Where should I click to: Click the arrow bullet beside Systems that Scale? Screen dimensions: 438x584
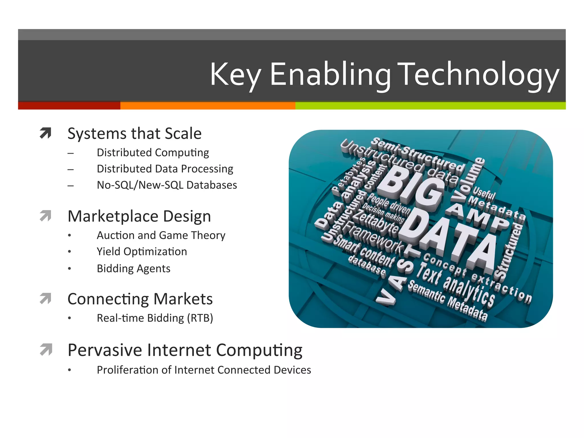tap(46, 133)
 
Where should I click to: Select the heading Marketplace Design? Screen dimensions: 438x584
tap(139, 216)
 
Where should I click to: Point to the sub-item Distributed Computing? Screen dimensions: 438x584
tap(153, 153)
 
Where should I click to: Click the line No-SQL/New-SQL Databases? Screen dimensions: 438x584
tap(167, 185)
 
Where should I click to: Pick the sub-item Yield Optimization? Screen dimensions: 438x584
tap(142, 252)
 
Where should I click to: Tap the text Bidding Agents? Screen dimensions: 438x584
tap(133, 268)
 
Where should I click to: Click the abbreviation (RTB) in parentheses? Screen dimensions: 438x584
tap(200, 318)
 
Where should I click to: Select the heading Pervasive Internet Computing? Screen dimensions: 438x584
tap(185, 350)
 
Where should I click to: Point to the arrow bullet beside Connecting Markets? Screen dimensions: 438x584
tap(46, 299)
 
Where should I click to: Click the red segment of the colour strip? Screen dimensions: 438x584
tap(69, 106)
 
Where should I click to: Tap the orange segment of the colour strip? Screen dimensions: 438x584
tap(208, 106)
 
